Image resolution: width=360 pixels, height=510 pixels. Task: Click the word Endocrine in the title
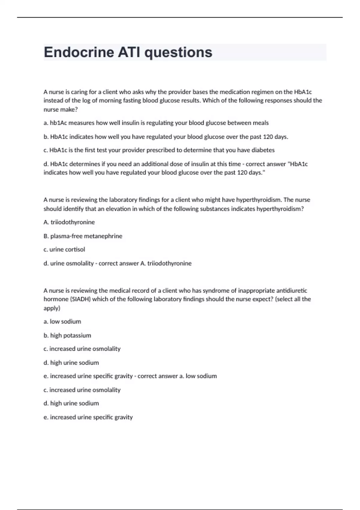coord(79,52)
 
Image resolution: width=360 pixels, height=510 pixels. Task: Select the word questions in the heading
coord(178,52)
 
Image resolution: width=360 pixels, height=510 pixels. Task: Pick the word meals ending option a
coord(261,123)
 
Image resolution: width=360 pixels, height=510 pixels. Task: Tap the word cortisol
coord(75,249)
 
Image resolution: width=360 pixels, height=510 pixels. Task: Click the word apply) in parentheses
coord(52,308)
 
